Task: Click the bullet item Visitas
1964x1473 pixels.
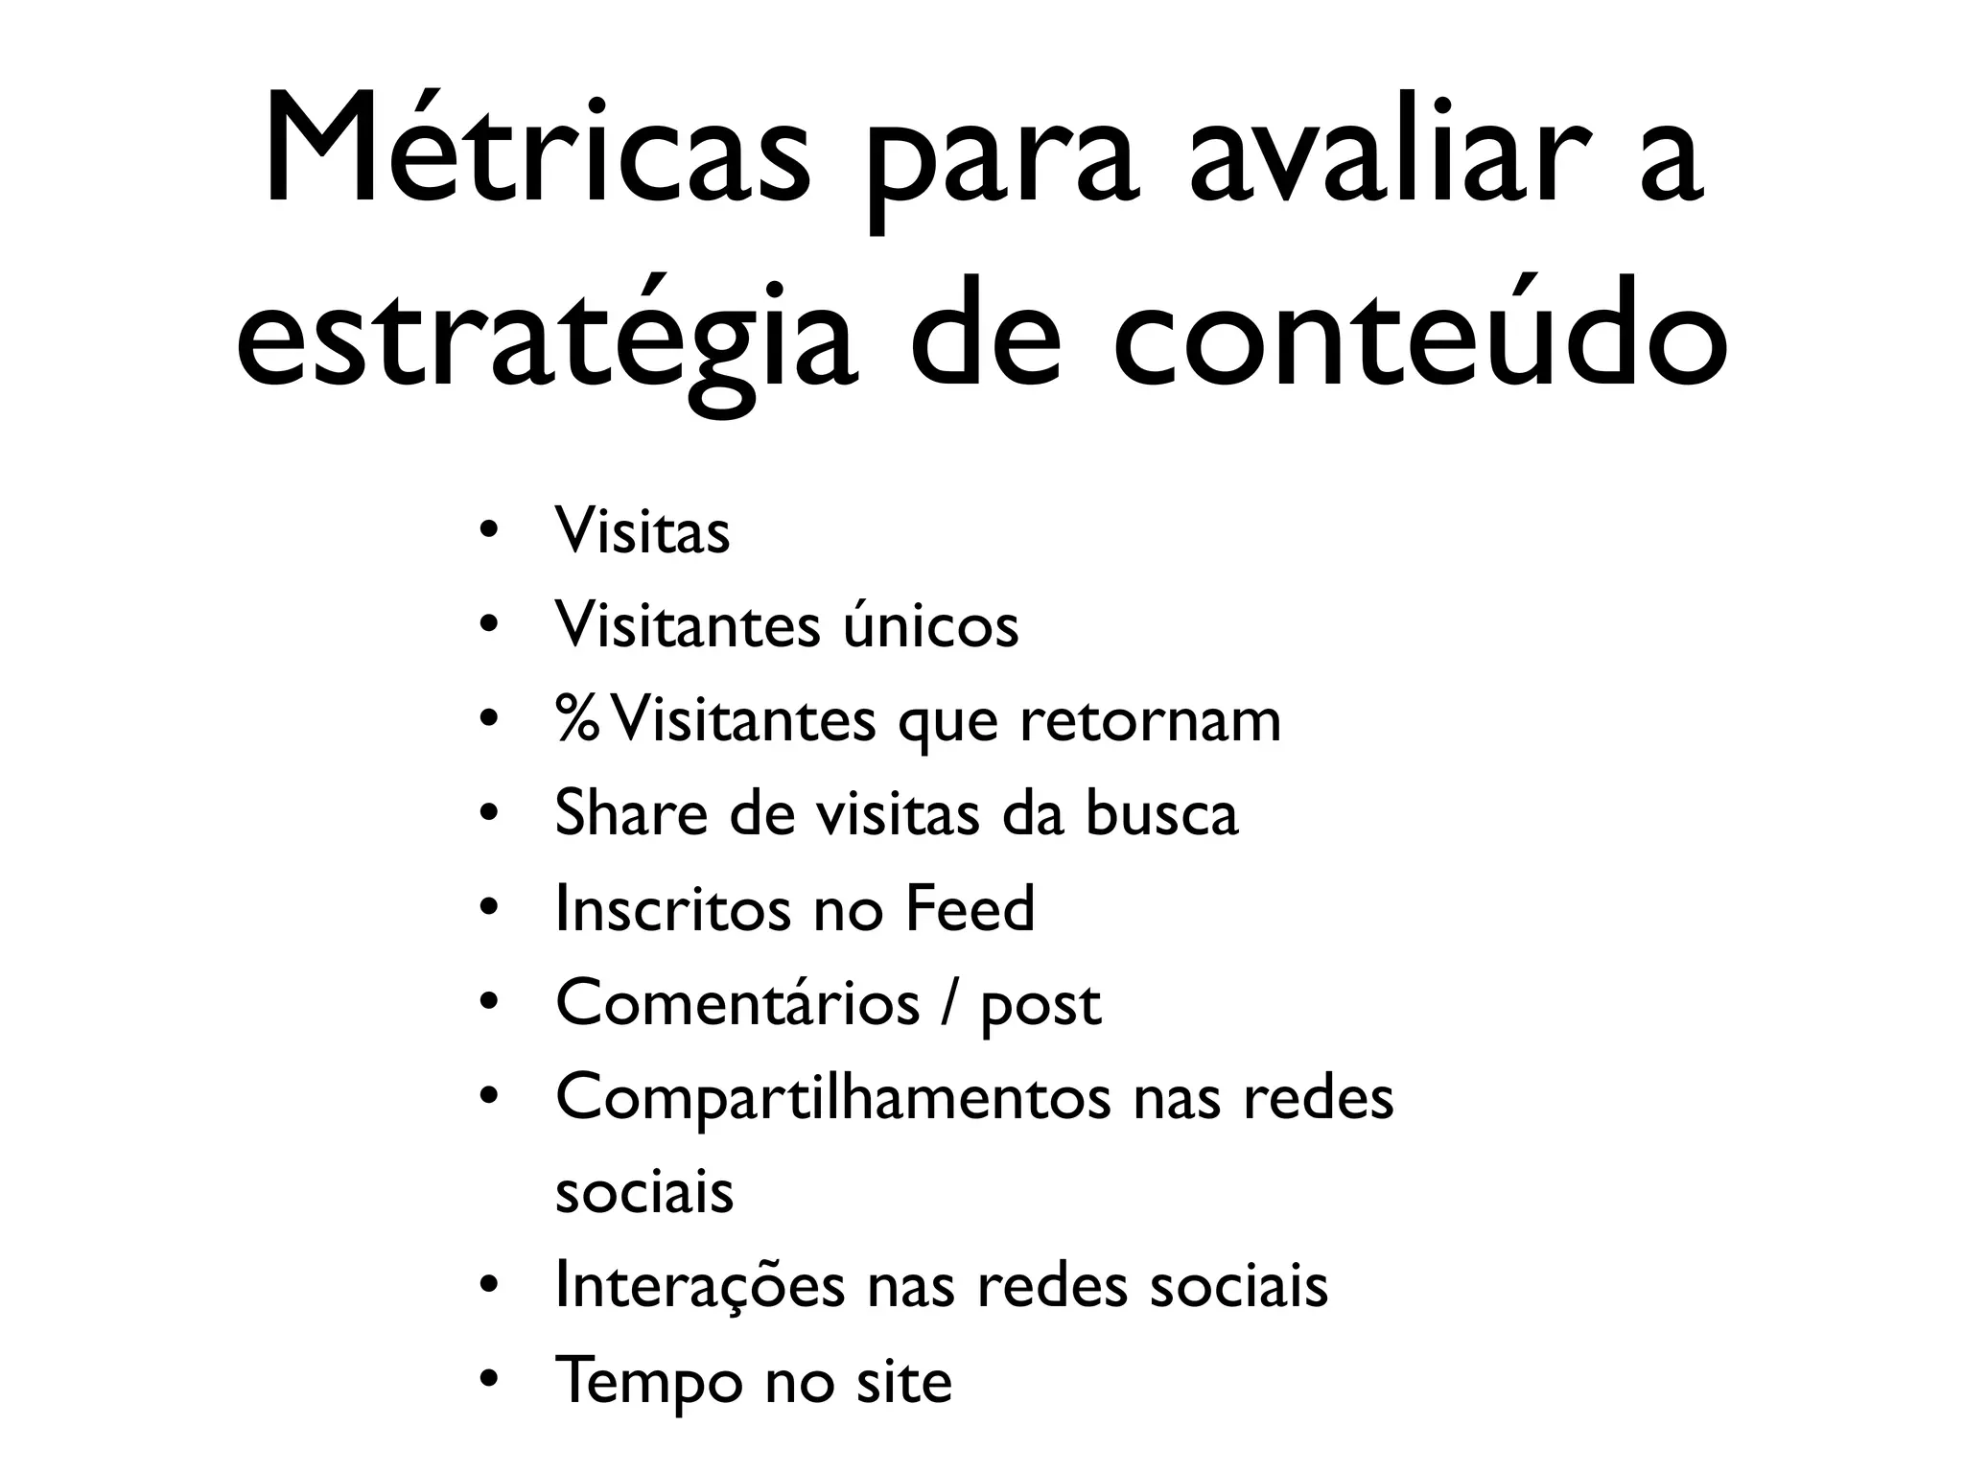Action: click(642, 530)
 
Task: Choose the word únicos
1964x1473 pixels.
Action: click(930, 625)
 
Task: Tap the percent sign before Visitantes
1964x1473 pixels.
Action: click(577, 719)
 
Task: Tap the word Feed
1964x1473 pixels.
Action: click(970, 908)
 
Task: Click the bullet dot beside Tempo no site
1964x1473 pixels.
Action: click(489, 1382)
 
